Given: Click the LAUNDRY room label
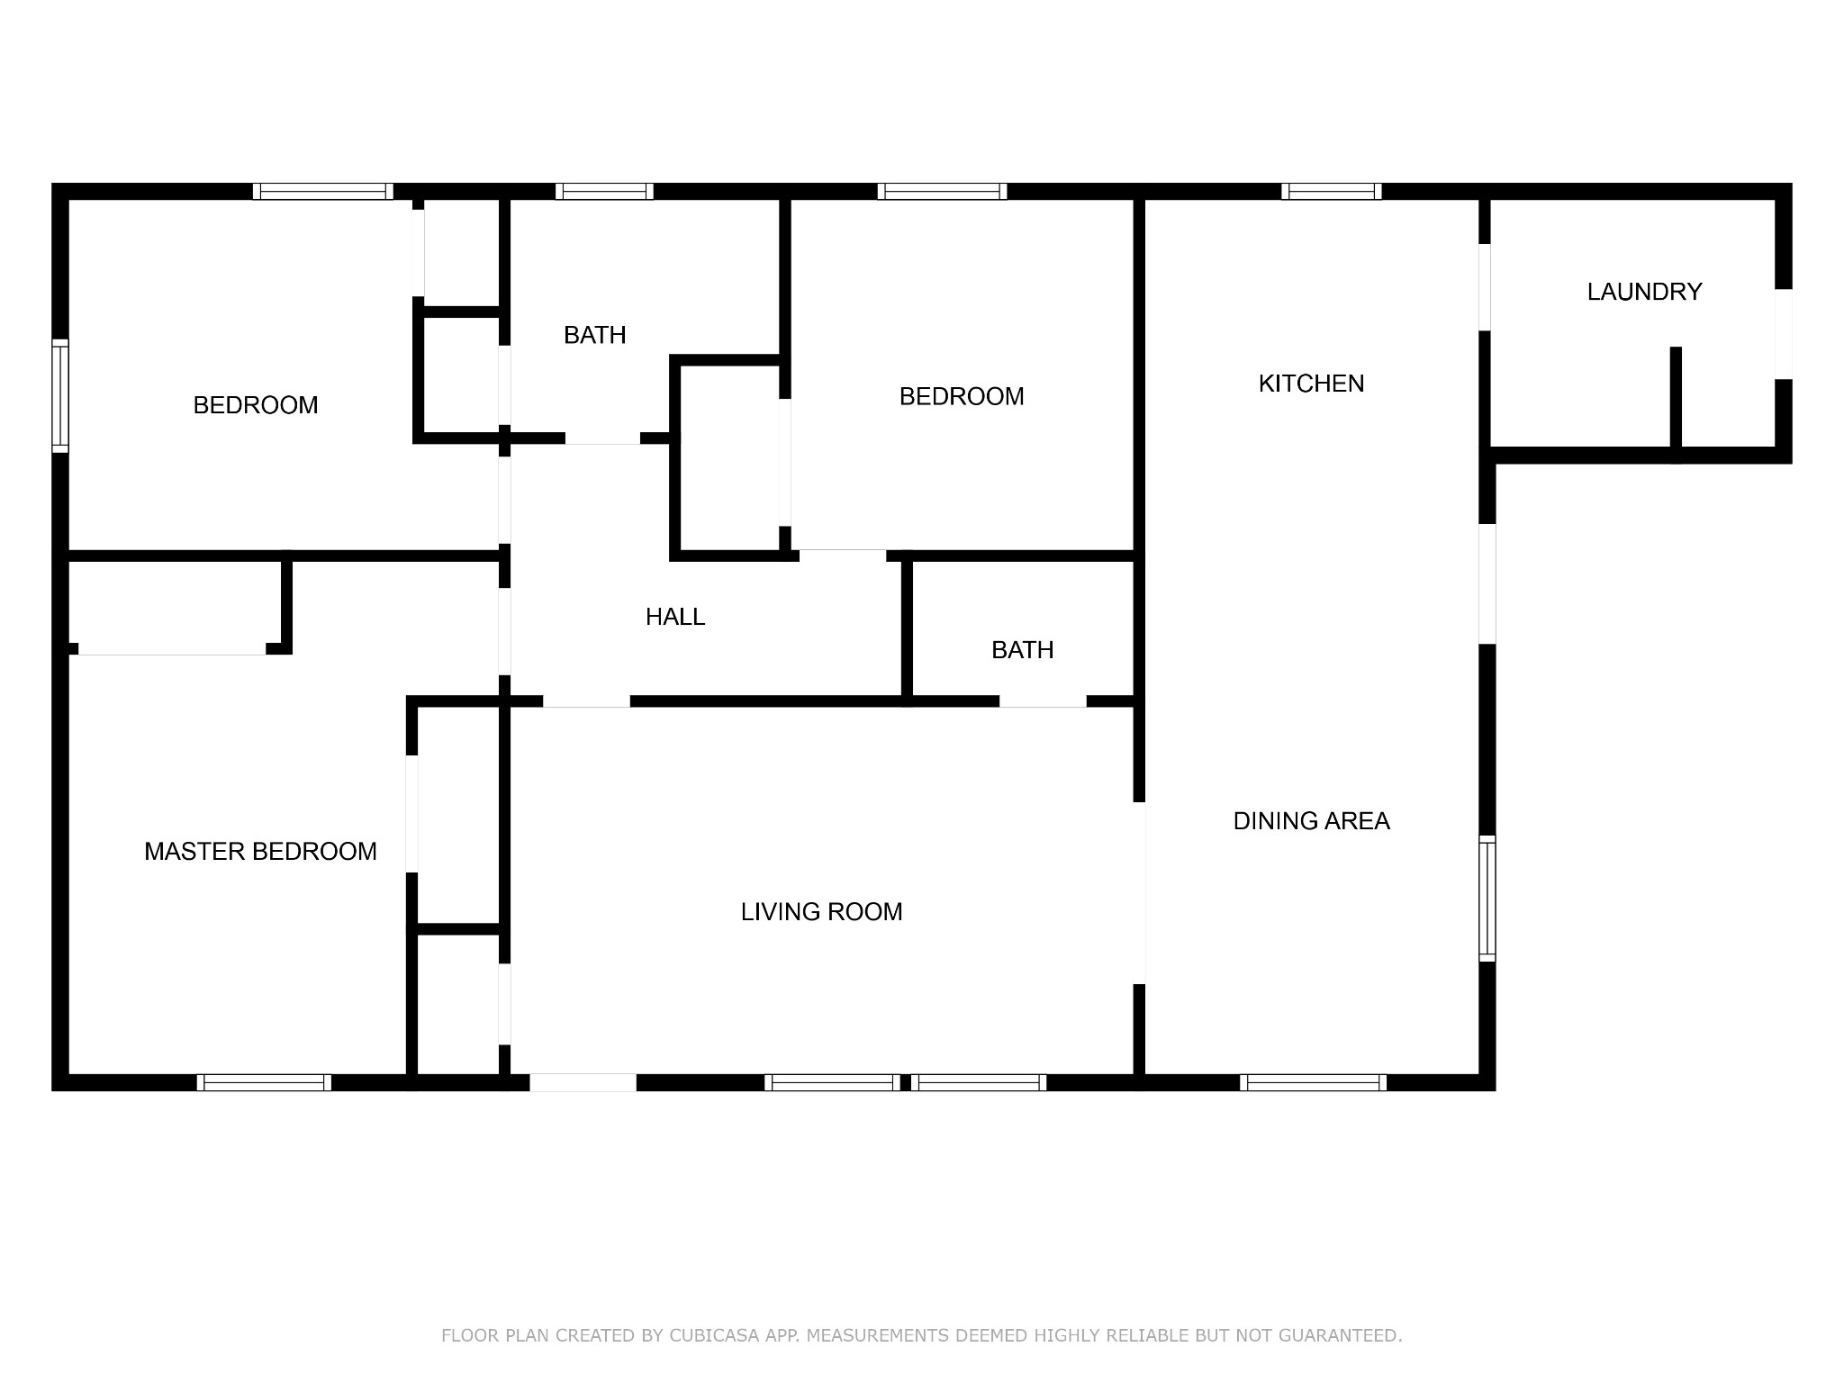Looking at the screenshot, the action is click(x=1644, y=292).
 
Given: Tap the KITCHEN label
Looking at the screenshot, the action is click(x=1311, y=384).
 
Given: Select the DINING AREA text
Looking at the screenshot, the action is click(x=1311, y=821).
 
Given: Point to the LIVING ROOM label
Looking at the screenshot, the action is click(x=821, y=912).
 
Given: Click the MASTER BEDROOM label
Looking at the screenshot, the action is click(x=260, y=852).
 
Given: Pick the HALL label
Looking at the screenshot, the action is click(x=675, y=617).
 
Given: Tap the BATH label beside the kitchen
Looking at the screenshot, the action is click(x=1022, y=650).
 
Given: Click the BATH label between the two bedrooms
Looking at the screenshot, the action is click(x=594, y=335).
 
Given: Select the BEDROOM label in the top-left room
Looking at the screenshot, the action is click(x=256, y=405).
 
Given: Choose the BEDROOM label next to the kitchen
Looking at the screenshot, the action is click(x=962, y=396).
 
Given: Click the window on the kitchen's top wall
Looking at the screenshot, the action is click(x=1332, y=191).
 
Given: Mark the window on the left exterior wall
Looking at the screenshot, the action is click(x=60, y=395).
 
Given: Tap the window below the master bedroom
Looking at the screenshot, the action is click(x=264, y=1082).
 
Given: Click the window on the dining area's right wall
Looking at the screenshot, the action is click(x=1487, y=898).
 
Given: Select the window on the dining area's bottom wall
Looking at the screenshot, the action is click(x=1313, y=1082).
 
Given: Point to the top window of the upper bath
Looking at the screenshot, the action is click(x=604, y=191).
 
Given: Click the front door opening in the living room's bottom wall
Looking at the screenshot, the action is click(x=583, y=1082).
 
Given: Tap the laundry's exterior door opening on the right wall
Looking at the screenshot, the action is click(x=1784, y=334).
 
